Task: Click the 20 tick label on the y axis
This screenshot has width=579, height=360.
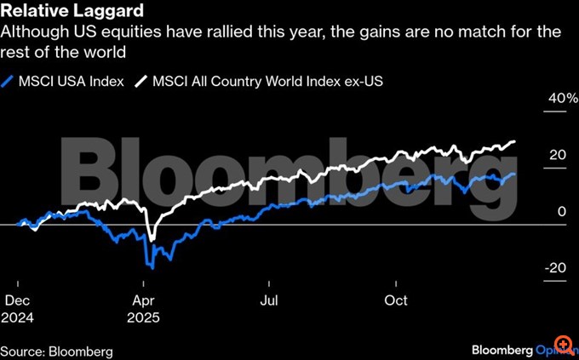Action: tap(558, 155)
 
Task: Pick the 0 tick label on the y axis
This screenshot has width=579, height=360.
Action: tap(562, 211)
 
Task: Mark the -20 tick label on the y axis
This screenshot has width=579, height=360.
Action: tap(555, 268)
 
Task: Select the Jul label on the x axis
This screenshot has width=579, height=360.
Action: tap(269, 300)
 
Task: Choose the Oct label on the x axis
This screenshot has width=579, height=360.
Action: tap(397, 300)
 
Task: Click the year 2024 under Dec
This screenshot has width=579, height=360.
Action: tap(20, 317)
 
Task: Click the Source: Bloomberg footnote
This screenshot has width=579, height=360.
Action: tap(56, 351)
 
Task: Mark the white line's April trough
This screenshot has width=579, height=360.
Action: tap(152, 241)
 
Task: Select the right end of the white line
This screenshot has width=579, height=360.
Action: tap(515, 141)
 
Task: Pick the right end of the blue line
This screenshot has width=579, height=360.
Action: tap(515, 174)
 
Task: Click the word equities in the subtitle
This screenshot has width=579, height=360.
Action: tap(126, 34)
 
